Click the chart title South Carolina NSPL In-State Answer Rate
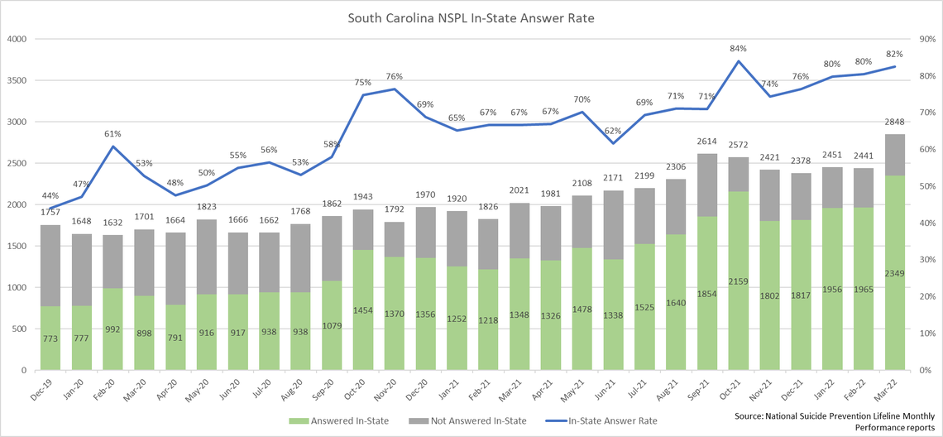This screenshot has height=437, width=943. (471, 17)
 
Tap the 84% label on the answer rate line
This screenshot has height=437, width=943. (739, 47)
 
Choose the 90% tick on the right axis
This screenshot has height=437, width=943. (924, 39)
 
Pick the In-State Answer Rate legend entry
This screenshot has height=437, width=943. (608, 420)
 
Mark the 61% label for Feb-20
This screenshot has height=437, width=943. (113, 133)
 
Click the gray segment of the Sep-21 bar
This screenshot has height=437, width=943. (707, 185)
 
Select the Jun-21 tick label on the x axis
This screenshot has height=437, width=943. (614, 386)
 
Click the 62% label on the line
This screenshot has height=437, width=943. (613, 130)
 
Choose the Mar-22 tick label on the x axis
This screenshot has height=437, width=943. (895, 386)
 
